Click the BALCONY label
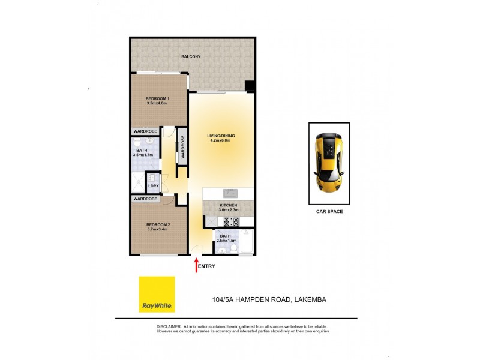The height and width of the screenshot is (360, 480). pos(191,56)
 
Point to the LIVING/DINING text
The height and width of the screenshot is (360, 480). pos(221,136)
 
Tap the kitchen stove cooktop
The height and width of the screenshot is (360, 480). pos(229,221)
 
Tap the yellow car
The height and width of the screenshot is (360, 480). pos(329,162)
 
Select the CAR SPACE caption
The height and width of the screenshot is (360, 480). pos(329,212)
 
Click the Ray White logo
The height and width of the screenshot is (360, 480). pos(157,294)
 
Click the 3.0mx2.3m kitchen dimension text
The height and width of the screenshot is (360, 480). pos(229,209)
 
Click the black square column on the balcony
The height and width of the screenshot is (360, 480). pos(250,86)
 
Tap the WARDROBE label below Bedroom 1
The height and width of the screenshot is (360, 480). pos(145,132)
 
